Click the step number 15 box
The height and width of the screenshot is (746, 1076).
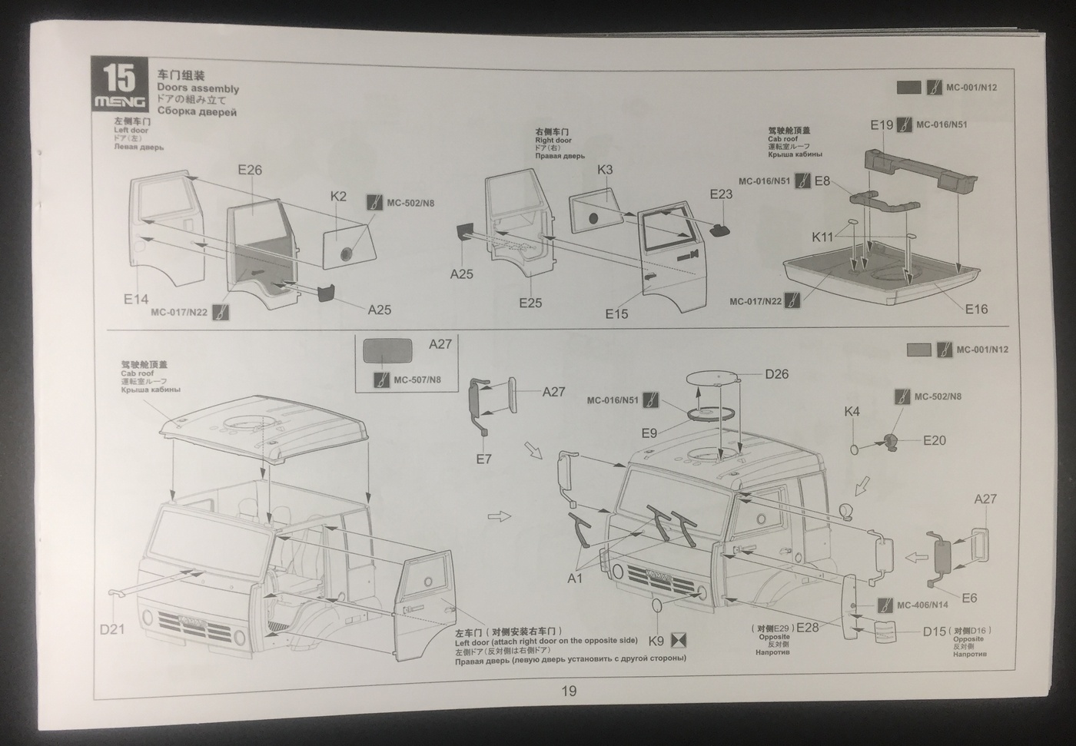[x=120, y=85]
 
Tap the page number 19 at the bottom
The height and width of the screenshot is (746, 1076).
[x=569, y=691]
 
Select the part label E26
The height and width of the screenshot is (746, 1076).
[x=250, y=170]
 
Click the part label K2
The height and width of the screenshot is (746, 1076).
[x=339, y=196]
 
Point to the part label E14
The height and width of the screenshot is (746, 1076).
[x=136, y=299]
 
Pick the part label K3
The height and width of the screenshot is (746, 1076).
[x=605, y=170]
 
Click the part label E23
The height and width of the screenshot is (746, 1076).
[x=721, y=194]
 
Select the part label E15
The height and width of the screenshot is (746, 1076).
[x=616, y=313]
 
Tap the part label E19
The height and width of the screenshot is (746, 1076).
[x=882, y=124]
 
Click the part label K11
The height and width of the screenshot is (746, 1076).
[x=822, y=237]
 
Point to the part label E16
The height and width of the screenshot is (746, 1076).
[x=976, y=309]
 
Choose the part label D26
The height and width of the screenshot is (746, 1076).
[x=776, y=374]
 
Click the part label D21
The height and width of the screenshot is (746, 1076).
[x=112, y=629]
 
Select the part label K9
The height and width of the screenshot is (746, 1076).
[x=656, y=640]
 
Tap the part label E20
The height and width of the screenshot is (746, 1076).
[x=935, y=440]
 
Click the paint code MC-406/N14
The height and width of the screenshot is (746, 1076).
[x=922, y=605]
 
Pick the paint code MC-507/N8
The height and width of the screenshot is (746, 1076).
[x=417, y=380]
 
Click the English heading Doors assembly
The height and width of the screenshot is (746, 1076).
[x=198, y=88]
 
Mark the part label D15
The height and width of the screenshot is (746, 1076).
[x=934, y=631]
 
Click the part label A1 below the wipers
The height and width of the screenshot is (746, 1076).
[x=575, y=578]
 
